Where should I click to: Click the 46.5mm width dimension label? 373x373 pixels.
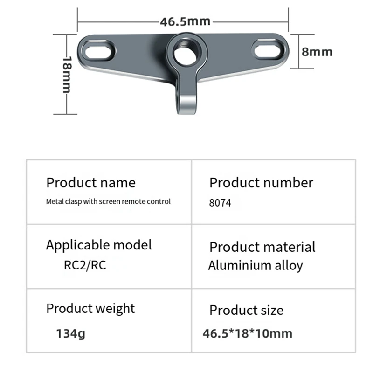click(185, 21)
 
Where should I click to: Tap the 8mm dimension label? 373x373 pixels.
click(317, 51)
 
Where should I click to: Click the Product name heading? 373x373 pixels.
click(91, 182)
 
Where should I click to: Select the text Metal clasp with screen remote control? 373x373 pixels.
click(108, 202)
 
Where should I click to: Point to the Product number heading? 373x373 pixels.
click(261, 182)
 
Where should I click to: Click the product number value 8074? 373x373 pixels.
click(220, 203)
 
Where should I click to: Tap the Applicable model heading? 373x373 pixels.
click(99, 245)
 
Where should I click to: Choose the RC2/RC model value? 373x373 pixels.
click(85, 265)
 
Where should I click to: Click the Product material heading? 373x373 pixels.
click(262, 247)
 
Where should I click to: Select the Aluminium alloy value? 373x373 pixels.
click(255, 266)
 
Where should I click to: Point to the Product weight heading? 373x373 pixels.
click(90, 308)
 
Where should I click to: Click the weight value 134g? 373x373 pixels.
click(71, 333)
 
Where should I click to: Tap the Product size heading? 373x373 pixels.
click(246, 310)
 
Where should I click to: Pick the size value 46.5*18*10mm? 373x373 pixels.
click(248, 333)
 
